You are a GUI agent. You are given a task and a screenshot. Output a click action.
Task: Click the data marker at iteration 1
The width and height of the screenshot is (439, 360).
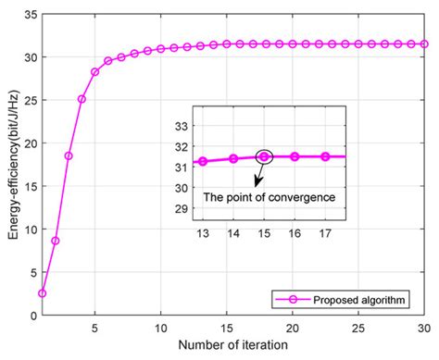[42, 293]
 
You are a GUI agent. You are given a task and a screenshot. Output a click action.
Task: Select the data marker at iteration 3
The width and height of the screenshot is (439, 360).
[69, 155]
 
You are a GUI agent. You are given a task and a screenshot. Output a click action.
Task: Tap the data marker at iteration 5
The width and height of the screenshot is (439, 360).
[94, 71]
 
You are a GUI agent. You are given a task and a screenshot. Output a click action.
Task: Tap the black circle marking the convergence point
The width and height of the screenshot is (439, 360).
[264, 156]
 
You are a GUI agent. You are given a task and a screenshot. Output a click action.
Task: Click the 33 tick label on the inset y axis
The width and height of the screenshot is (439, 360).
[183, 125]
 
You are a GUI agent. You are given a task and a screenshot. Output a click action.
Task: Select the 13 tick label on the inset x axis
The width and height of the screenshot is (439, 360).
[202, 231]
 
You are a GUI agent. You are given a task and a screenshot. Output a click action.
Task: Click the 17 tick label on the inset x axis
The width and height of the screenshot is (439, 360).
[325, 231]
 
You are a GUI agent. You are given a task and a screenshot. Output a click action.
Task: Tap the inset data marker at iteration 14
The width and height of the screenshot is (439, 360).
[233, 159]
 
